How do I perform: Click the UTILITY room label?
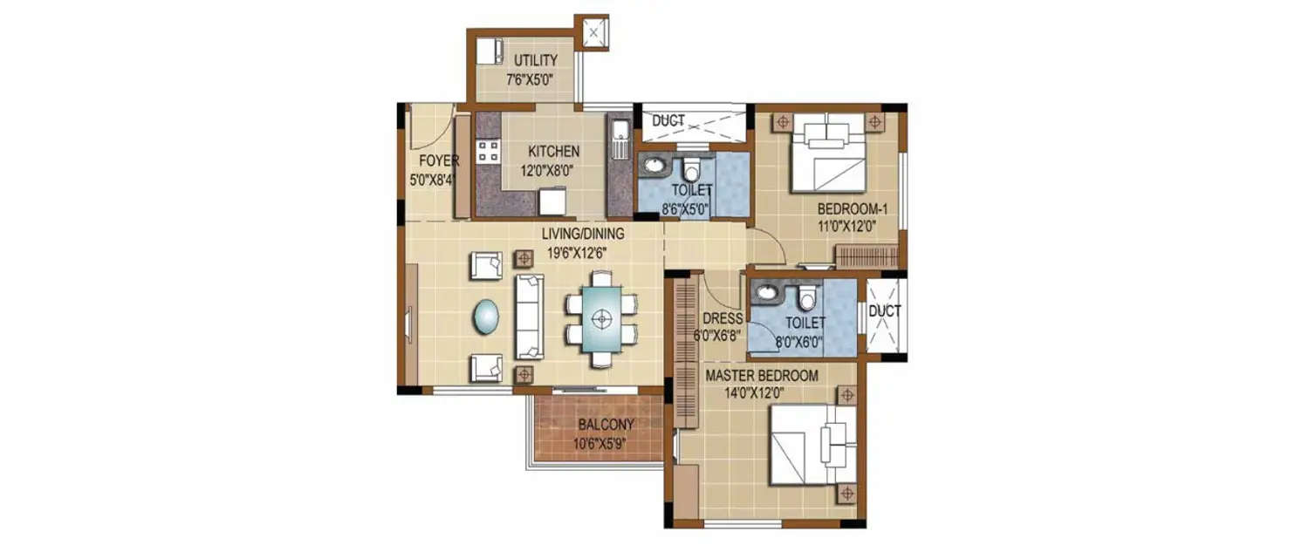coord(535,60)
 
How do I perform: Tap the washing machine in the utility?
coord(490,51)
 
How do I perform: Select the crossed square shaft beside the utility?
coord(593,33)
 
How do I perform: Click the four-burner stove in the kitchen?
coord(488,151)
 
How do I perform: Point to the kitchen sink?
coord(620,140)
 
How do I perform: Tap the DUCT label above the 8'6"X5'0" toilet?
coord(668,121)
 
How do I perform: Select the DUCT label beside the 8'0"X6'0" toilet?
coord(884,310)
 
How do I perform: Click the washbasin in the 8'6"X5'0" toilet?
coord(650,167)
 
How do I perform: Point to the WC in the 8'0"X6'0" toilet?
coord(806,299)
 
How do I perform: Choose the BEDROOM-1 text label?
coord(852,209)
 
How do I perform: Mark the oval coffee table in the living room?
coord(487,317)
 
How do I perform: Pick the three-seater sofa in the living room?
coord(528,316)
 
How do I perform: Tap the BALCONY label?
coord(606,425)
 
